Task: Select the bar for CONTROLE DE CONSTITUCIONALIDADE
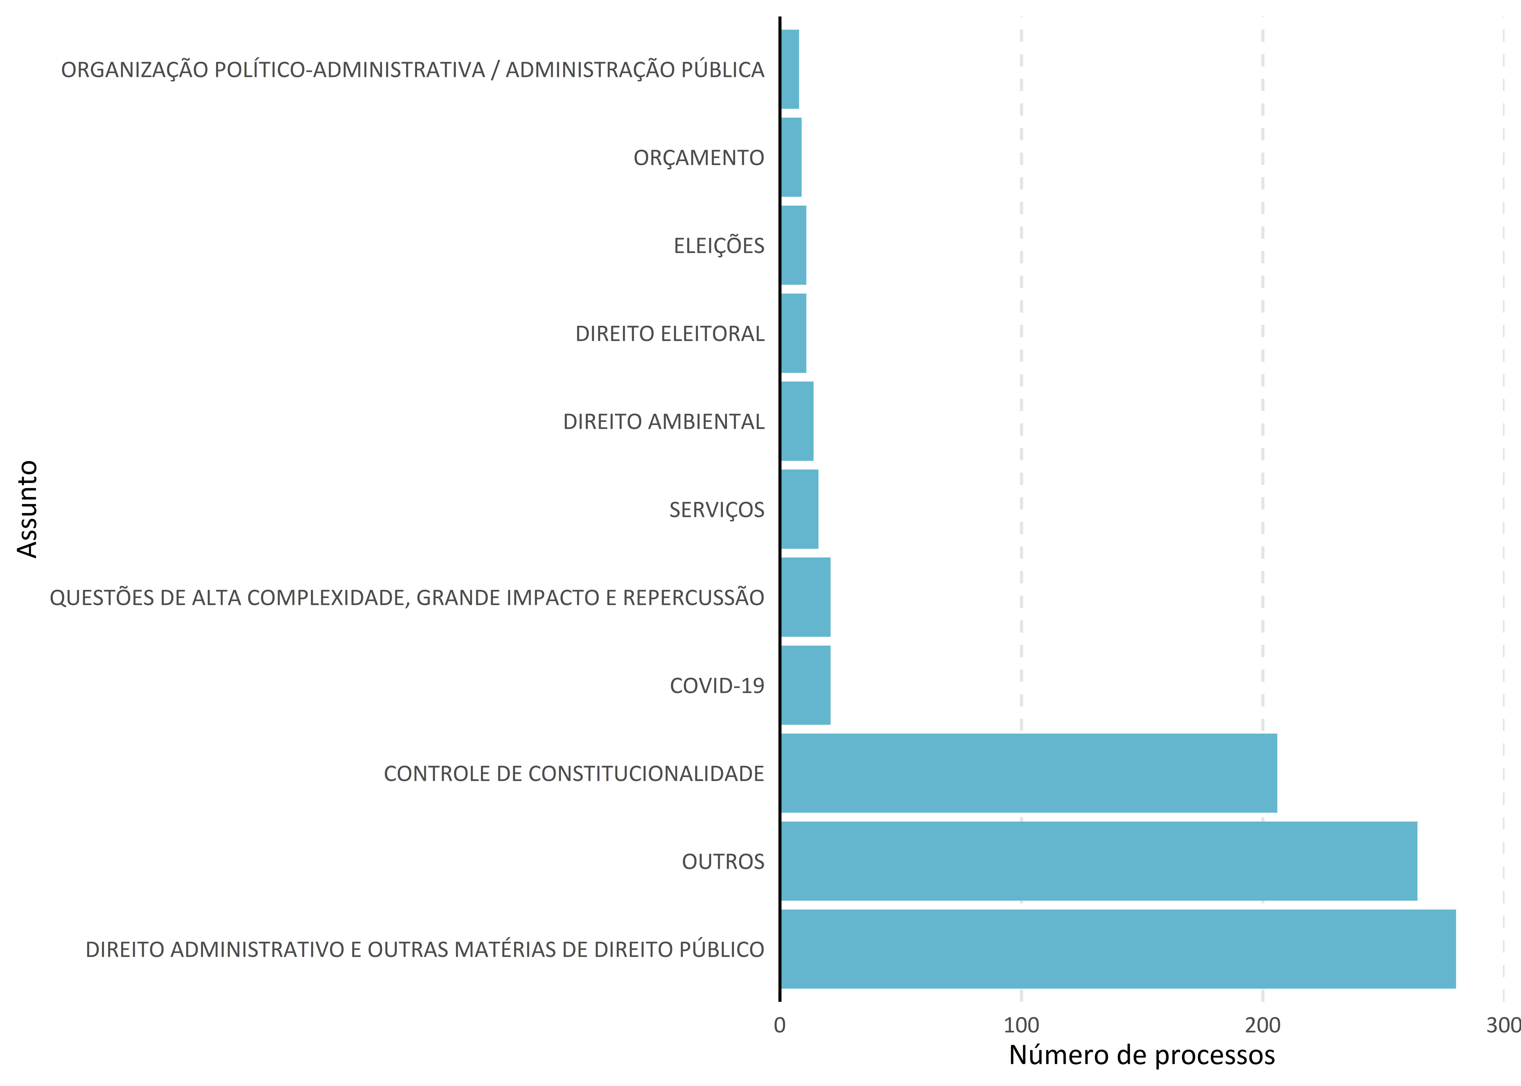tap(1029, 773)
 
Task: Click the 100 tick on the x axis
tap(1021, 1025)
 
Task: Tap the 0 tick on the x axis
tap(780, 1025)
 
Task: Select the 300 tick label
tap(1503, 1025)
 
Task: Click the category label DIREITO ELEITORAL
tap(670, 334)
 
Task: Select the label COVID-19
tap(717, 685)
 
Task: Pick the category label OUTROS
tap(723, 861)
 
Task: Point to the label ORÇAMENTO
tap(699, 158)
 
